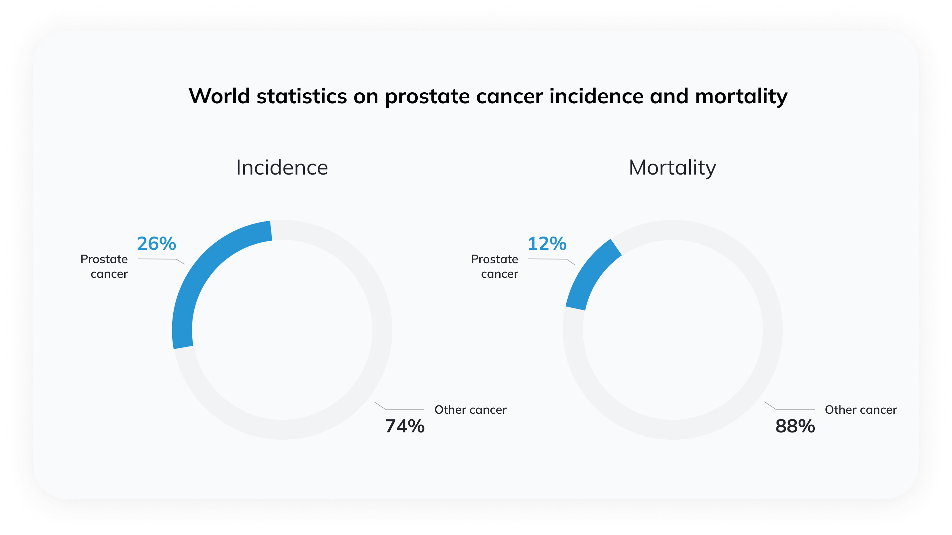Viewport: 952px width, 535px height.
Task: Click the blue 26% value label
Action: click(156, 244)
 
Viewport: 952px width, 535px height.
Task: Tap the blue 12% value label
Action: click(547, 244)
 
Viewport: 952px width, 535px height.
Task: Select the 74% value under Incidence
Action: click(405, 426)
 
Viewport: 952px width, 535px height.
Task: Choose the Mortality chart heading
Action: click(672, 168)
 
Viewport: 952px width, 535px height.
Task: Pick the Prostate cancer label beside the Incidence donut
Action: click(104, 267)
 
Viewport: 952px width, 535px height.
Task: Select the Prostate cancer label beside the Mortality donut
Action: click(494, 267)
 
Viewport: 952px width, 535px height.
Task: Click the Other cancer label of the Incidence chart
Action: click(470, 410)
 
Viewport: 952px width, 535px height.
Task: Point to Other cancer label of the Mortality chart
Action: click(861, 410)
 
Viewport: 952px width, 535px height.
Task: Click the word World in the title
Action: click(220, 96)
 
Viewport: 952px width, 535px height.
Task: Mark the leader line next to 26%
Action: click(161, 260)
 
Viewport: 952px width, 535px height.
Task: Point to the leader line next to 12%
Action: click(552, 260)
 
